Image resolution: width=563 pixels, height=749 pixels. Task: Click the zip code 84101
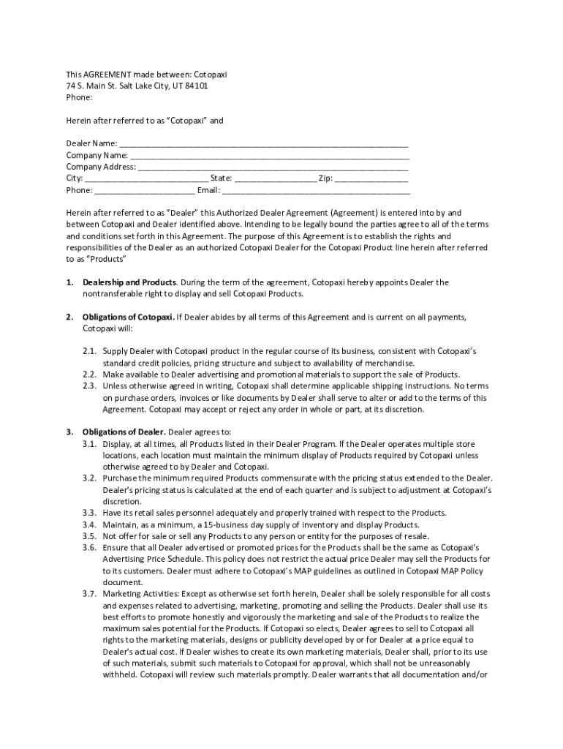194,86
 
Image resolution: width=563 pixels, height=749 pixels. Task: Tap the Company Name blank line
269,155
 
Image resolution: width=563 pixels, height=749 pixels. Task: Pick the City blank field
146,178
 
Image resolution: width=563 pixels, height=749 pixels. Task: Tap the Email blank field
316,190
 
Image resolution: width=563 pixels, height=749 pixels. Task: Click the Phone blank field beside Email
144,190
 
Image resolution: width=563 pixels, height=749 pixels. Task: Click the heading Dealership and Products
129,282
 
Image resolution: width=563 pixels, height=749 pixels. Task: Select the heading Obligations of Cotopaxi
128,317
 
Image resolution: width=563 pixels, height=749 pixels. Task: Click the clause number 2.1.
89,351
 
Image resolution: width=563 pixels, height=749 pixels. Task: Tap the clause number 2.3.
89,385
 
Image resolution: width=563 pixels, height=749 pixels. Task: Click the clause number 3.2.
89,478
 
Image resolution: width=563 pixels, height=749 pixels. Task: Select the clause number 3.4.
89,524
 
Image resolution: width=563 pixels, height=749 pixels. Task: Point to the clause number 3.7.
89,593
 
